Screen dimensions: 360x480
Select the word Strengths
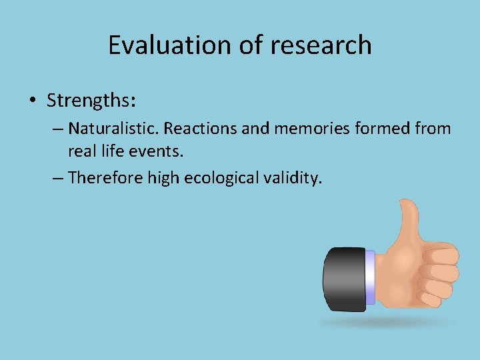(x=91, y=100)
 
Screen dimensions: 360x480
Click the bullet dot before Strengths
(x=33, y=101)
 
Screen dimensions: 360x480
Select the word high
(x=161, y=177)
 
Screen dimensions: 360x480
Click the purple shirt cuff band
(x=371, y=276)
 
